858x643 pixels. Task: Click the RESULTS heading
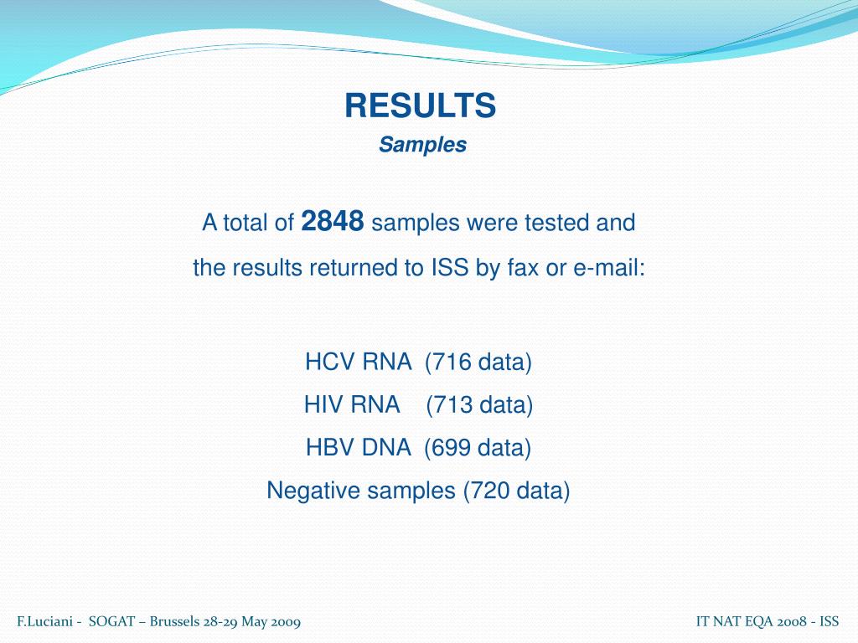[421, 106]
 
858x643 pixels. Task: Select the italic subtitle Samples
[422, 145]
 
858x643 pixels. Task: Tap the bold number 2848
[332, 222]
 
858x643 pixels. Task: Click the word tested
[558, 224]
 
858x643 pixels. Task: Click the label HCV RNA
[358, 363]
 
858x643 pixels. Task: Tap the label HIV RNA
[351, 405]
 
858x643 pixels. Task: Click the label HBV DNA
[358, 448]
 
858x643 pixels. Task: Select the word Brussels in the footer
[173, 622]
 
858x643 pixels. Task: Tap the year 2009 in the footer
[286, 622]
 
